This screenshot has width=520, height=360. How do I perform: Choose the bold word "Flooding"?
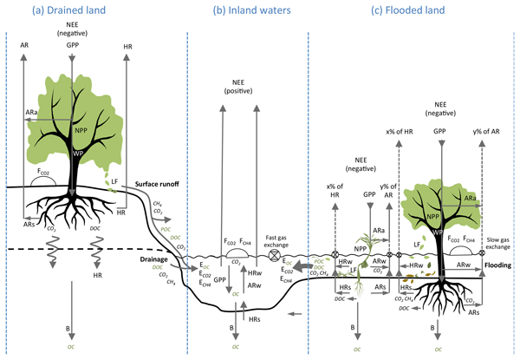pos(497,265)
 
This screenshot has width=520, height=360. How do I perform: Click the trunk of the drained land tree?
pos(75,173)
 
